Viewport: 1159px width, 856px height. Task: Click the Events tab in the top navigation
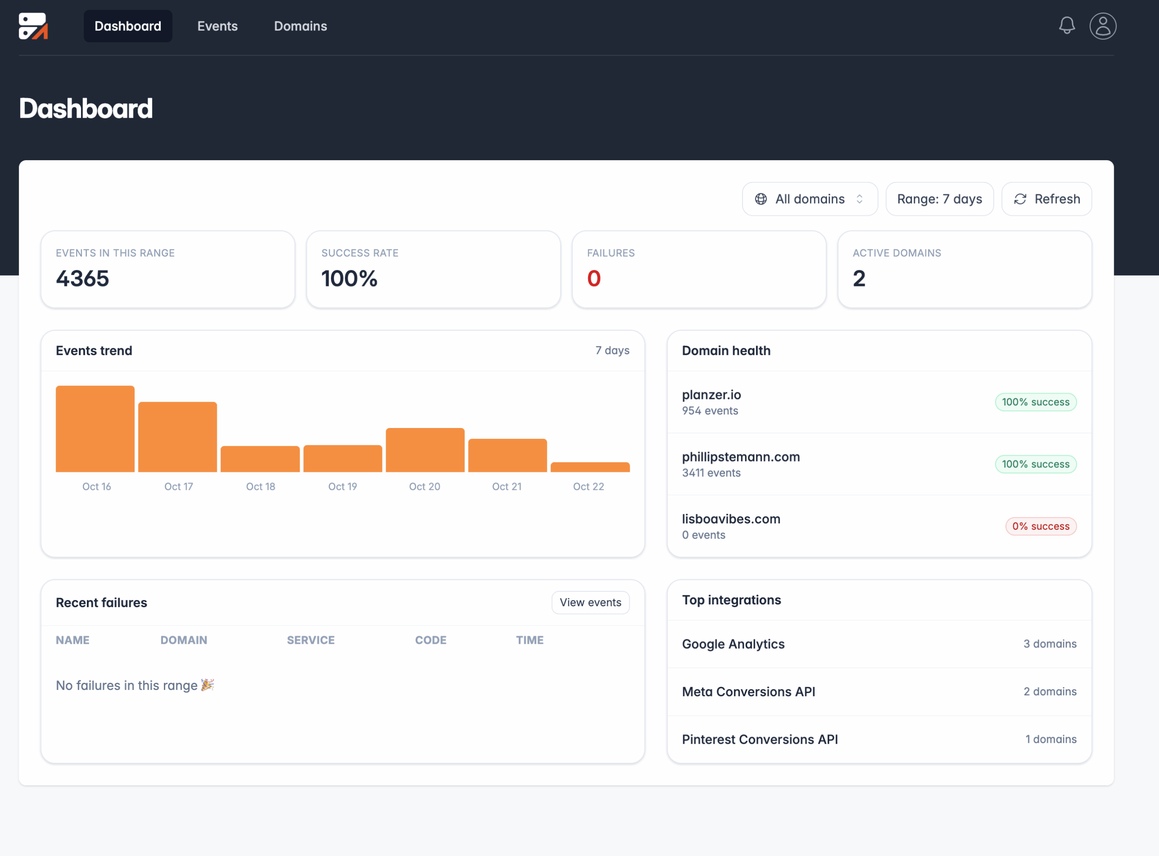pos(217,26)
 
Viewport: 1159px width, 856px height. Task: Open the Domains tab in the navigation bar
pos(300,26)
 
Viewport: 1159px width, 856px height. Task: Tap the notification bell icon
pos(1066,25)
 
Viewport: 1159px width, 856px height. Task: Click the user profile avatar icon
pos(1102,26)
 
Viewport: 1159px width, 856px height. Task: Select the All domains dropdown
pos(809,199)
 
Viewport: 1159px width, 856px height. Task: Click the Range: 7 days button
pos(939,199)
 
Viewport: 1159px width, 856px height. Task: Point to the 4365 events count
pos(82,279)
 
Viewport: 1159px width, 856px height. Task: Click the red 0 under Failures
pos(594,279)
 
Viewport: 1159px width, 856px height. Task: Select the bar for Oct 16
pos(95,429)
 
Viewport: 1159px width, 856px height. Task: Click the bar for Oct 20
pos(425,450)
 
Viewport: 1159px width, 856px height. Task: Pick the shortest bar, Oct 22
pos(589,467)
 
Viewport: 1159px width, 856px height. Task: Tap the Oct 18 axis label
pos(260,486)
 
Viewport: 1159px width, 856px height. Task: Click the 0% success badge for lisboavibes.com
pos(1040,527)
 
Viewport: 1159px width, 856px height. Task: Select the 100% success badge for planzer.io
pos(1035,402)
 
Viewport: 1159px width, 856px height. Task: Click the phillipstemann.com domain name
pos(741,457)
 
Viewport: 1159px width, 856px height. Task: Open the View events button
pos(590,603)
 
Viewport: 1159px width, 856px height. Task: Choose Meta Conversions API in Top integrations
pos(748,692)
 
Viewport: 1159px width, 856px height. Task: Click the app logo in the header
pos(33,26)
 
